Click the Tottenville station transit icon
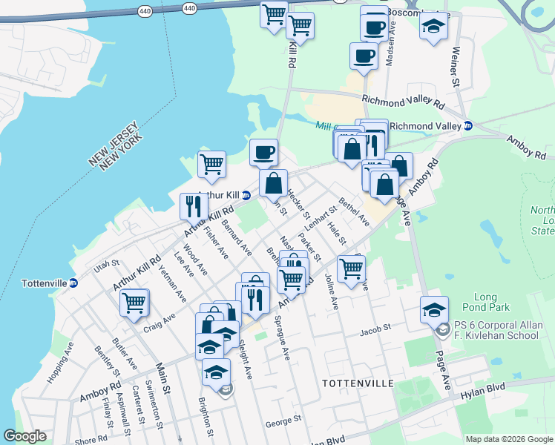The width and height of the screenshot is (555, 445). tap(73, 283)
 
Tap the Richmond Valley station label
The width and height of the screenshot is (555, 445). tap(425, 126)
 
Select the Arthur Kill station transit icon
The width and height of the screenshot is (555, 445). tap(246, 195)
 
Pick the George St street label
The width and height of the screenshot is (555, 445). tap(283, 422)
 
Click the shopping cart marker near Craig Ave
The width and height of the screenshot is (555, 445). tap(134, 302)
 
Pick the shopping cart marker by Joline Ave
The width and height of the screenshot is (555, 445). tap(352, 268)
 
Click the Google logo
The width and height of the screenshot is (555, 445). tap(25, 436)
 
